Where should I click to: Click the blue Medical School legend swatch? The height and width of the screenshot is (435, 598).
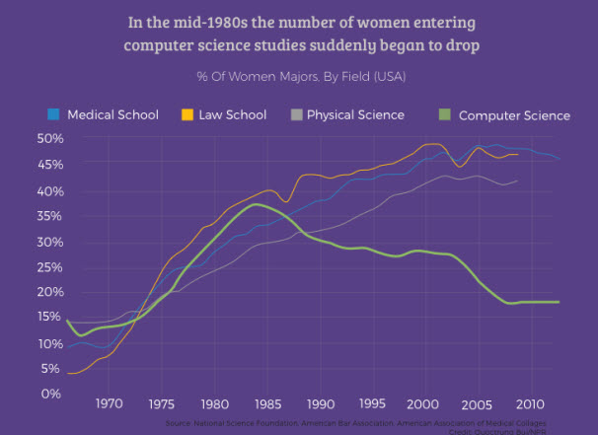(x=54, y=114)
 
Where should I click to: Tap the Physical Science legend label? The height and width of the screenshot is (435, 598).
(x=355, y=114)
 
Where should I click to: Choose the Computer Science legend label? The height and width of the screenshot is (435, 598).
(x=514, y=115)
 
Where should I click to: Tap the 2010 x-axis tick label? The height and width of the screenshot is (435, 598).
(x=530, y=403)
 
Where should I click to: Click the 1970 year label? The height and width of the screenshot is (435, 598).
(x=109, y=403)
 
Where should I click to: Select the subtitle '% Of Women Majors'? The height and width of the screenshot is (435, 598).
(x=248, y=76)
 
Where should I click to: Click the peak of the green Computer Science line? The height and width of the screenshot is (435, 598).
(x=257, y=204)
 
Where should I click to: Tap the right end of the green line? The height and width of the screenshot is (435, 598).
(x=560, y=302)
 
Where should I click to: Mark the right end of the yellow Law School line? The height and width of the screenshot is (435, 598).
(x=518, y=155)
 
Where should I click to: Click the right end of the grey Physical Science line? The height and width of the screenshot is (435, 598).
(x=517, y=181)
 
